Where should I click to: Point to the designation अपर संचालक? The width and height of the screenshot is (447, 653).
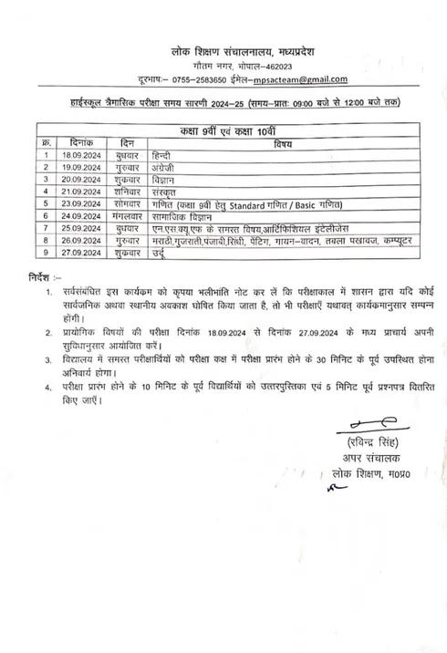click(364, 459)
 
